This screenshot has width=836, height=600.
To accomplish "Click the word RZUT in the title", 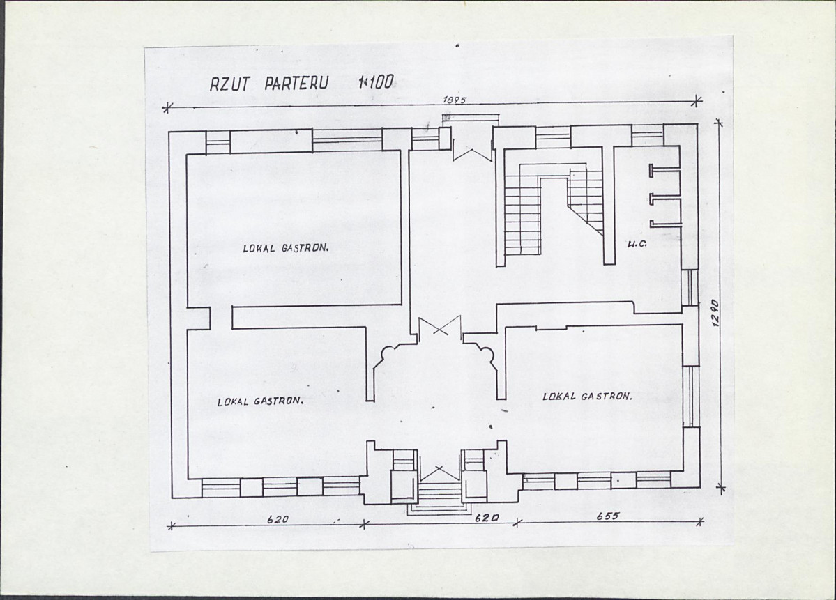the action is tap(229, 84).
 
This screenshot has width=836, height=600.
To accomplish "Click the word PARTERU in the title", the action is tap(296, 83).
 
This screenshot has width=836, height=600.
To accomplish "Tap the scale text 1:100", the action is tap(376, 82).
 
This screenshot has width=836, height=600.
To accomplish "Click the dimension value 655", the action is tap(607, 516).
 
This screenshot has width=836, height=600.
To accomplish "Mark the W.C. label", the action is tap(633, 245).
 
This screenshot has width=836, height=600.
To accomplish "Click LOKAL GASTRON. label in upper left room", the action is tap(284, 248).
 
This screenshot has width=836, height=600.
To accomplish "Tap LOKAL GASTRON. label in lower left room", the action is tap(259, 401).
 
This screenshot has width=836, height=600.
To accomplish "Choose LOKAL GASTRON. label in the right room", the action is tap(587, 397).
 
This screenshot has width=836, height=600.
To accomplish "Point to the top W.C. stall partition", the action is tap(665, 171).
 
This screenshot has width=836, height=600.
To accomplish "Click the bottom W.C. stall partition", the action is tap(665, 224).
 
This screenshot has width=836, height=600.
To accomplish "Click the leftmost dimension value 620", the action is tap(278, 518).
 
